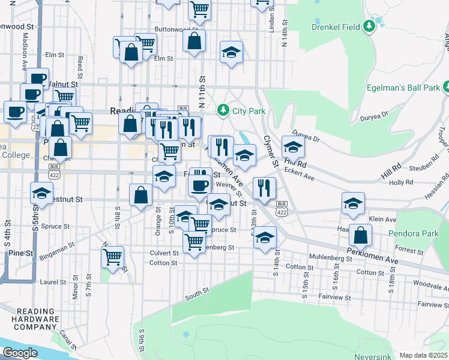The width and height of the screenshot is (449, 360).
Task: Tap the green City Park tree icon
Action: [x=223, y=110]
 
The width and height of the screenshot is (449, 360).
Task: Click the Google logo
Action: [x=20, y=353]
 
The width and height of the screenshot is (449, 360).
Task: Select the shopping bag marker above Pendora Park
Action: [x=360, y=235]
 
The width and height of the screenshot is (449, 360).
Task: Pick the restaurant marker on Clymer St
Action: [x=264, y=188]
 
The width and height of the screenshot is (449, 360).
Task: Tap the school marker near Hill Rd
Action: [x=292, y=147]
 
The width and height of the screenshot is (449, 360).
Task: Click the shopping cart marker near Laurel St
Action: [x=112, y=257]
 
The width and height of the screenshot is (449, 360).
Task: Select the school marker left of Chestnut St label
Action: [x=41, y=193]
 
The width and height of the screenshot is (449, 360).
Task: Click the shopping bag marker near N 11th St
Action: [x=194, y=41]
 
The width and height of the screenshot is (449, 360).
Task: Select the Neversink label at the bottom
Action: [x=373, y=356]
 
